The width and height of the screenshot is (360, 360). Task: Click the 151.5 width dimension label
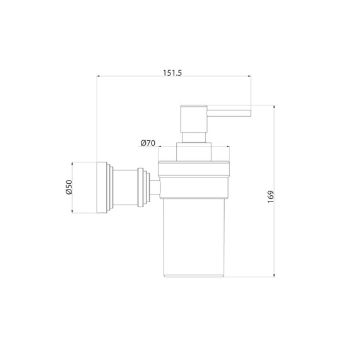(x=172, y=73)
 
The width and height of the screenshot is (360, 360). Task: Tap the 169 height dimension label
(x=271, y=196)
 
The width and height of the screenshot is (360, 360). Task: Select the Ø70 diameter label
(x=148, y=143)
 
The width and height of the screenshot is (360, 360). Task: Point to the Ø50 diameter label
(x=69, y=187)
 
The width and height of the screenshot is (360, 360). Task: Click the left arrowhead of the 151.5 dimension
(x=99, y=76)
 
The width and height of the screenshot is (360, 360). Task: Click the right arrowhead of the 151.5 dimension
(x=249, y=76)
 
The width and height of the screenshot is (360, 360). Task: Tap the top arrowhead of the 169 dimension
(x=274, y=107)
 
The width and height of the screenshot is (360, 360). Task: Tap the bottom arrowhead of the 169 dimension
(x=274, y=275)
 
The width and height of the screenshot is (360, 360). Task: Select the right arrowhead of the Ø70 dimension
(x=228, y=147)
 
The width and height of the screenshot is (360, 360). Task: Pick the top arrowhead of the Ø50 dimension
(x=73, y=164)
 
